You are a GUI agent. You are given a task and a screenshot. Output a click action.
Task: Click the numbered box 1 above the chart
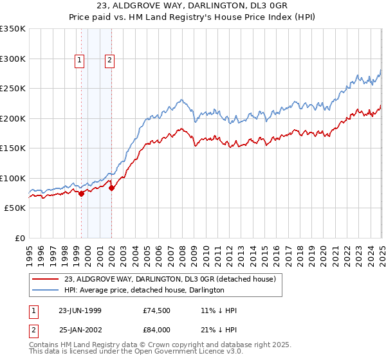click(x=79, y=61)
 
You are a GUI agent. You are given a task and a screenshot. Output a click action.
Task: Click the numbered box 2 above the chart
click(x=110, y=61)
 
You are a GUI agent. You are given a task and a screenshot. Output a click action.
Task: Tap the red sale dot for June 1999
click(x=82, y=194)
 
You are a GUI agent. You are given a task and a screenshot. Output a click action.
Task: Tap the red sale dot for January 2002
click(x=112, y=188)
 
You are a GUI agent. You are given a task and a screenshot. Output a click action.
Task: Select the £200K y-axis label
click(x=13, y=118)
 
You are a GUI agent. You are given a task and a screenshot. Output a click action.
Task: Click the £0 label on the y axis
click(x=20, y=238)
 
